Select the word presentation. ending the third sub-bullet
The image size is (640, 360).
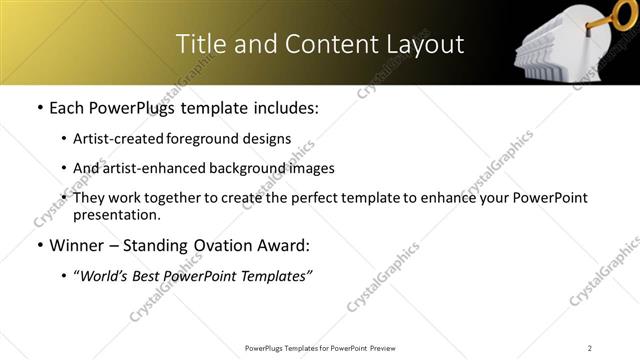click(x=116, y=214)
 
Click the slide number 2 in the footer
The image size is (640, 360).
click(x=590, y=348)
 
